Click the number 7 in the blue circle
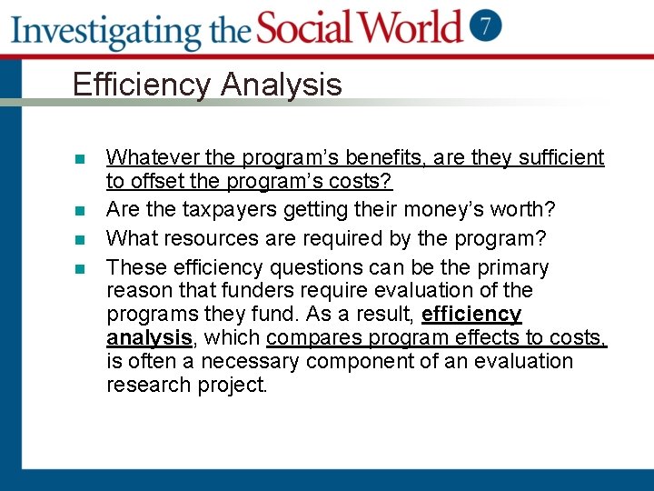tap(486, 25)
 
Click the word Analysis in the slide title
tap(281, 85)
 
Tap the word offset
tap(155, 181)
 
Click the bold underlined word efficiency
tap(471, 315)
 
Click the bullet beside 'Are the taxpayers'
tap(80, 210)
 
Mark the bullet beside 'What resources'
tap(80, 240)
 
